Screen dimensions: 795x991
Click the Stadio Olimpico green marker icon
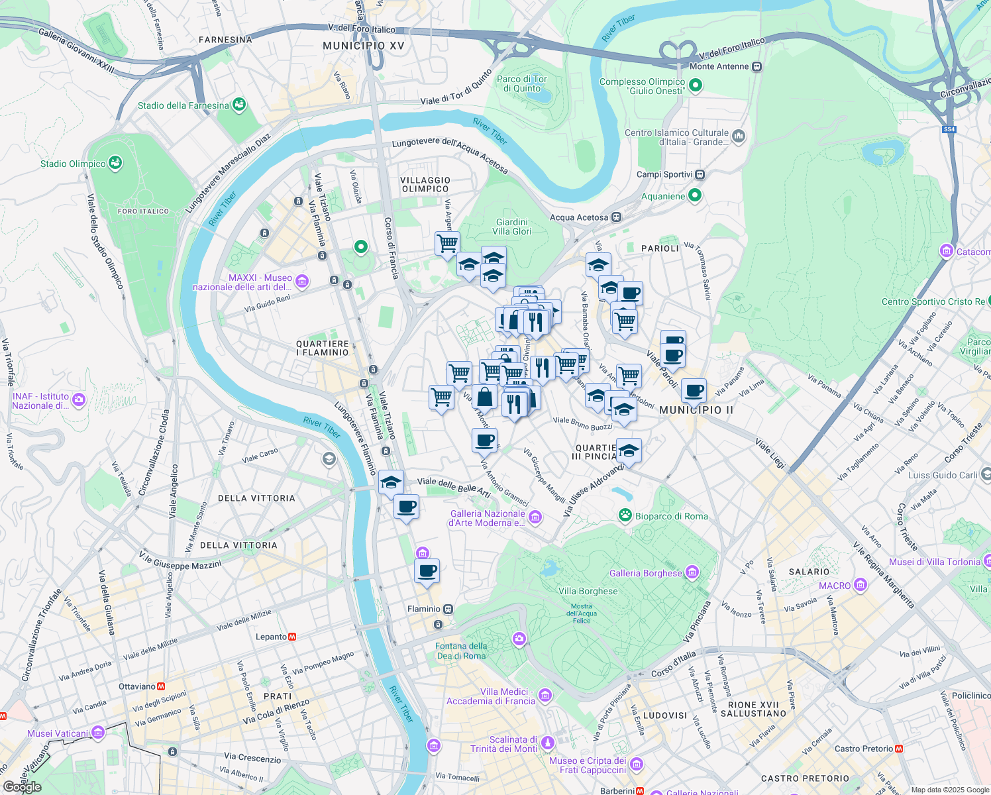[115, 163]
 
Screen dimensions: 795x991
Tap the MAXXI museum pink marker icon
[302, 282]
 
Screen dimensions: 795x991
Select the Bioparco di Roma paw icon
[625, 515]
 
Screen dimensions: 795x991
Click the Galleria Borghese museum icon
[692, 572]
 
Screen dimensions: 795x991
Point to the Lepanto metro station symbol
[292, 637]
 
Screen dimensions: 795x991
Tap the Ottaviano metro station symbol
[161, 686]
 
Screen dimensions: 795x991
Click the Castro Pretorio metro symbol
[899, 749]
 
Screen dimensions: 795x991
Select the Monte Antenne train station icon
[757, 66]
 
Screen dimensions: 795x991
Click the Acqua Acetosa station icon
[616, 217]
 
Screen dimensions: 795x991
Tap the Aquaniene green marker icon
[694, 195]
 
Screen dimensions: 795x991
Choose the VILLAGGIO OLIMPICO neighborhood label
[425, 184]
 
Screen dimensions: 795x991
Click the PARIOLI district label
[660, 248]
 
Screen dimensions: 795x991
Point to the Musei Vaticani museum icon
[98, 733]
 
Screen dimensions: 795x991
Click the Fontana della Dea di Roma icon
[519, 639]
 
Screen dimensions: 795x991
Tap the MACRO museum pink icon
[861, 585]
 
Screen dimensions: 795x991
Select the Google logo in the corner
[22, 786]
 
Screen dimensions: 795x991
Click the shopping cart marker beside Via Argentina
[447, 243]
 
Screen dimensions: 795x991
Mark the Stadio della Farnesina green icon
[239, 105]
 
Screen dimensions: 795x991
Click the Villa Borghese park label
[588, 591]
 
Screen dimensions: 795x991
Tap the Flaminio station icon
[448, 609]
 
